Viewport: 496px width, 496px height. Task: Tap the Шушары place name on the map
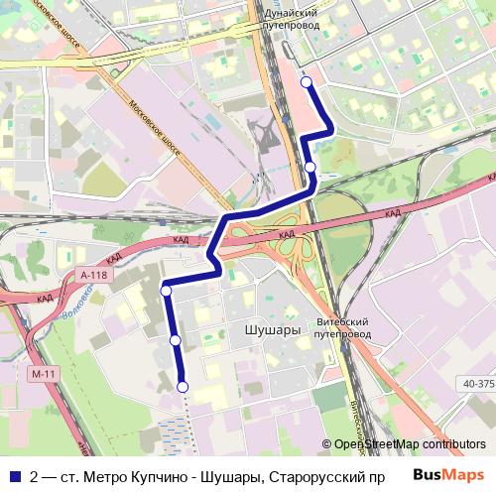(271, 330)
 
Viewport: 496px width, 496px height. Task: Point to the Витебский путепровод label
(342, 328)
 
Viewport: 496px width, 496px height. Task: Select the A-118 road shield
(94, 275)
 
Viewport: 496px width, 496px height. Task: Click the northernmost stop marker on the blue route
(306, 82)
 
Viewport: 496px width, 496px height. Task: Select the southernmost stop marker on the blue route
(183, 387)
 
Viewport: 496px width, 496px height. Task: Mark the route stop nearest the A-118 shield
(166, 290)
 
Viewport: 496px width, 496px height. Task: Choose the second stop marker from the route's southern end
(176, 340)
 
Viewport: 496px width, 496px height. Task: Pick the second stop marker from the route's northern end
(310, 167)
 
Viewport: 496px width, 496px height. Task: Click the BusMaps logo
(448, 474)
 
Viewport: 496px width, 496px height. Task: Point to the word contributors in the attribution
(453, 443)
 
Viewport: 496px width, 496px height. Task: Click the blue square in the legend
(14, 475)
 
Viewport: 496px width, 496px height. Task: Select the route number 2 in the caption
(35, 475)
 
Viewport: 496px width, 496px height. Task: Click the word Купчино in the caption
(183, 475)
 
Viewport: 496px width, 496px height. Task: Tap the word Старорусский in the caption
(318, 475)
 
